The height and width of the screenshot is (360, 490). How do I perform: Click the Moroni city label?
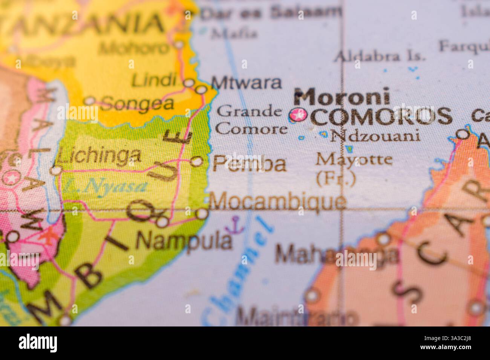pyautogui.click(x=342, y=97)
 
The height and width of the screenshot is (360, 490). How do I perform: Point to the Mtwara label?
pyautogui.click(x=246, y=82)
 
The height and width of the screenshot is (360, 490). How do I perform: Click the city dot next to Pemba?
pyautogui.click(x=196, y=162)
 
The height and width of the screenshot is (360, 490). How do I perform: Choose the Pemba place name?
pyautogui.click(x=249, y=164)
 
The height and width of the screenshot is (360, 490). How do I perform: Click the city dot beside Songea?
pyautogui.click(x=90, y=101)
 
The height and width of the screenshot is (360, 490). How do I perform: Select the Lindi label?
pyautogui.click(x=155, y=80)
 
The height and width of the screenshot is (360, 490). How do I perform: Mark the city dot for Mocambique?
pyautogui.click(x=202, y=214)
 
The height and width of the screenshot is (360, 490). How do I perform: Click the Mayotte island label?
pyautogui.click(x=354, y=160)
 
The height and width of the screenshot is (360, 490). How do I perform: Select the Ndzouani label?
pyautogui.click(x=375, y=136)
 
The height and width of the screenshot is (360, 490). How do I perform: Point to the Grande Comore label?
pyautogui.click(x=251, y=120)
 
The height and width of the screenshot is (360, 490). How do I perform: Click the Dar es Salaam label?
pyautogui.click(x=271, y=13)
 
